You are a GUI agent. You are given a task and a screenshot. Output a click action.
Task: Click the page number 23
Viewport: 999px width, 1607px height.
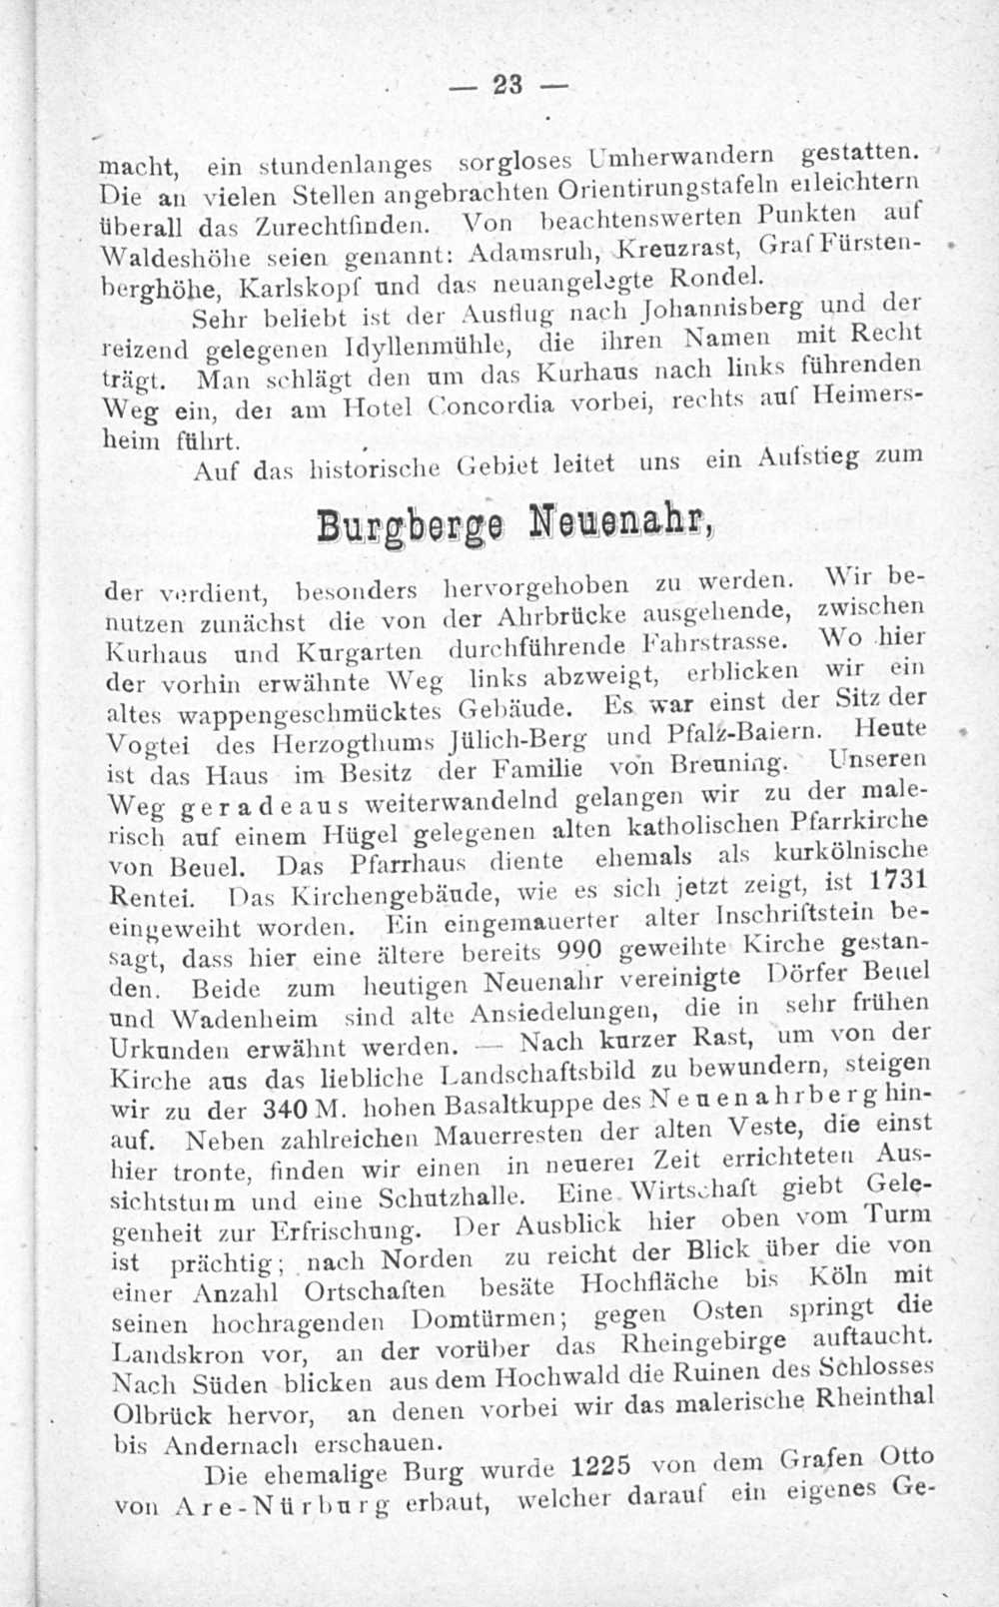(x=507, y=86)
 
